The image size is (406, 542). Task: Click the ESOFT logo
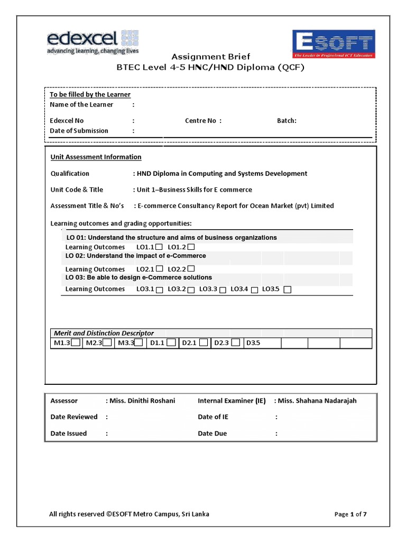pyautogui.click(x=334, y=44)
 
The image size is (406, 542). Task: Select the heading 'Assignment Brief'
pyautogui.click(x=210, y=57)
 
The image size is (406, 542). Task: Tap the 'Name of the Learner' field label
pyautogui.click(x=81, y=105)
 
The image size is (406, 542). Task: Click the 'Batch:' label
pyautogui.click(x=287, y=121)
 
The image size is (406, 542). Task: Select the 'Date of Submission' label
pyautogui.click(x=79, y=131)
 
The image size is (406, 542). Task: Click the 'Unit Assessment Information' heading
pyautogui.click(x=96, y=157)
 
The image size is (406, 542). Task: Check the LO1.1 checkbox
pyautogui.click(x=159, y=247)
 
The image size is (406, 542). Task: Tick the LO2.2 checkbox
pyautogui.click(x=191, y=269)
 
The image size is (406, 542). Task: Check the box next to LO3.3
pyautogui.click(x=223, y=290)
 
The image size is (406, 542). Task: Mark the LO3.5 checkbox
pyautogui.click(x=287, y=290)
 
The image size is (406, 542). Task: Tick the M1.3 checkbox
pyautogui.click(x=76, y=343)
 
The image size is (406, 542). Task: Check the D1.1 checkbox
pyautogui.click(x=171, y=343)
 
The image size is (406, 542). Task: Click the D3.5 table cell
pyautogui.click(x=261, y=343)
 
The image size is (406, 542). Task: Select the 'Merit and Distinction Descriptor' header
pyautogui.click(x=104, y=333)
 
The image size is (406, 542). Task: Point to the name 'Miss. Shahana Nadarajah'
pyautogui.click(x=317, y=401)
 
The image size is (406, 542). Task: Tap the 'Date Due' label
pyautogui.click(x=212, y=433)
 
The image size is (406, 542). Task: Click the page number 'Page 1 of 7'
pyautogui.click(x=350, y=514)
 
